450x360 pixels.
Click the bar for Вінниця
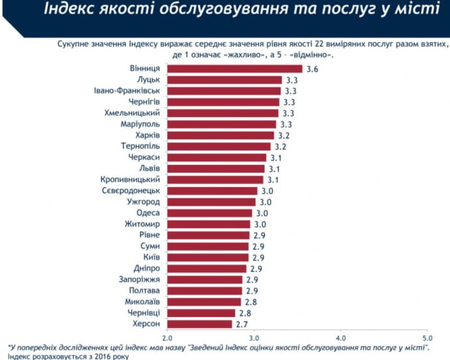coord(235,68)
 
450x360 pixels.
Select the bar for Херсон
coord(200,323)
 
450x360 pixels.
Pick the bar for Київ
coord(208,257)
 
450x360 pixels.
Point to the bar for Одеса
coord(210,213)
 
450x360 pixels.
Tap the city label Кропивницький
coord(132,179)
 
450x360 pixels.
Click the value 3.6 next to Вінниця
coord(312,68)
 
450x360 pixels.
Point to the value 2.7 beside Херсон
coord(243,323)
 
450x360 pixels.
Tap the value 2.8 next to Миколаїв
coord(251,301)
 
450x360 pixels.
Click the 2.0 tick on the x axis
coord(167,338)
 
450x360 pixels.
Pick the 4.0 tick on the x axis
coord(340,338)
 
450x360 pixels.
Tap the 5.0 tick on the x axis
coord(427,338)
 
